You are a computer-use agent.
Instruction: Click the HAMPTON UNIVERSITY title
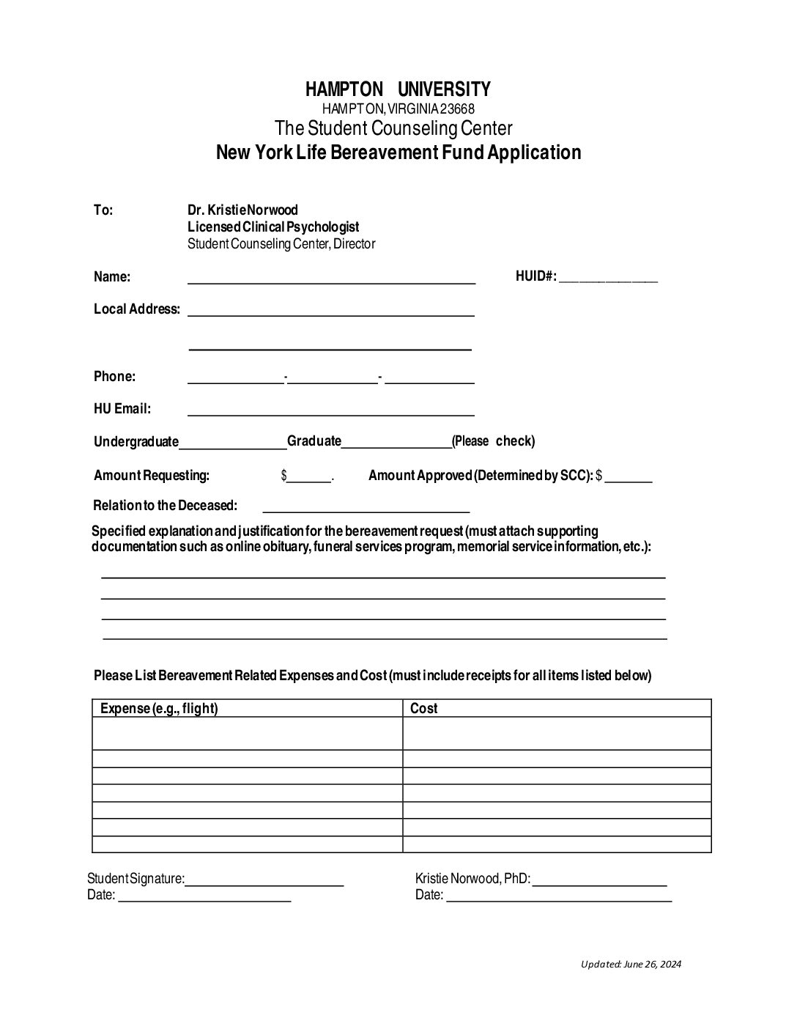tap(398, 89)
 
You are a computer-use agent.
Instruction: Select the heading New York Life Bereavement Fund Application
tap(398, 152)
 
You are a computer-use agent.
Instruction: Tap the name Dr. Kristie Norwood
tap(242, 210)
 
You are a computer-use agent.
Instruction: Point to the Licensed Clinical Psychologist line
tap(273, 227)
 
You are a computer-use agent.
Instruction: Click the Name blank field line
tap(331, 279)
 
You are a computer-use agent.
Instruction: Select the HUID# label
tap(535, 276)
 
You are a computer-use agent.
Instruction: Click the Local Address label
tap(136, 309)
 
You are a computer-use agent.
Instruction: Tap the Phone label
tap(114, 377)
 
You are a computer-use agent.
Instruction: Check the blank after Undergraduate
tap(233, 443)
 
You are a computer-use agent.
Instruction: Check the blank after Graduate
tap(396, 443)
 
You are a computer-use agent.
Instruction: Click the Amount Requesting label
tap(152, 476)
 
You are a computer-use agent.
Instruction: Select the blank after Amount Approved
tap(628, 478)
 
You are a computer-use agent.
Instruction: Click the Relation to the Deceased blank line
tap(366, 508)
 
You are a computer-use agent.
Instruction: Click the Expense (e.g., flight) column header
tap(159, 708)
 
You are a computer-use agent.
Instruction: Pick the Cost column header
tap(423, 708)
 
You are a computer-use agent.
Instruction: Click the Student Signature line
tap(264, 882)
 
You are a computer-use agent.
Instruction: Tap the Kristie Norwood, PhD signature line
tap(599, 882)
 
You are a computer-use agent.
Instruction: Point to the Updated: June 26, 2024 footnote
tap(631, 965)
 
